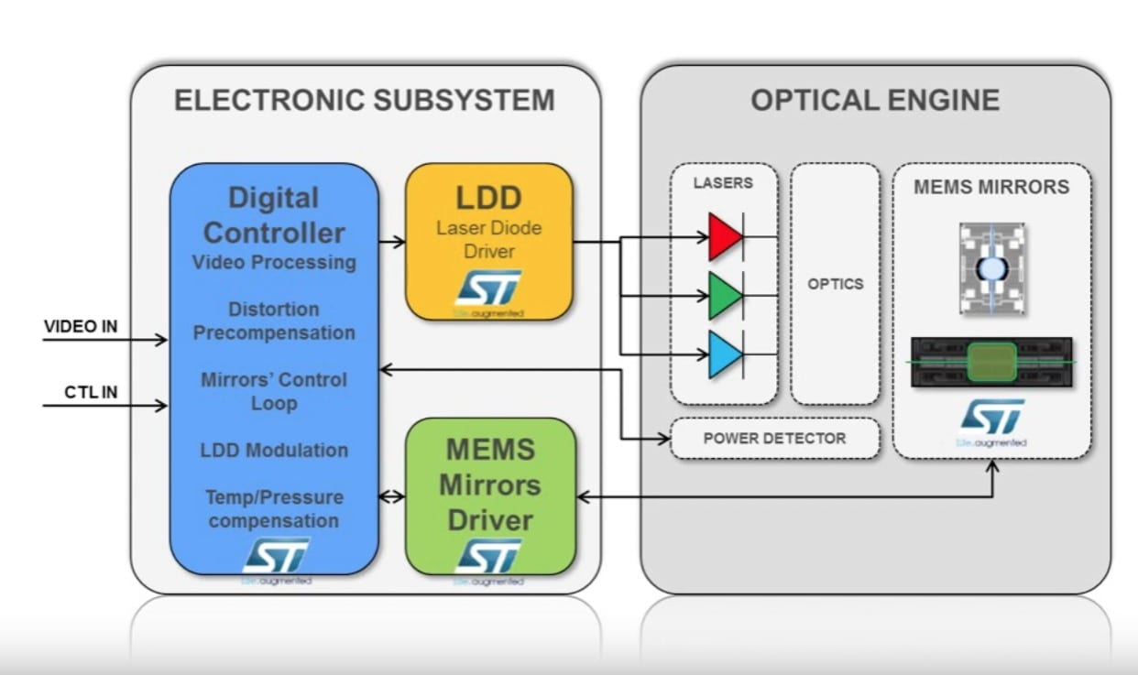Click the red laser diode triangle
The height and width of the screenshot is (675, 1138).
723,237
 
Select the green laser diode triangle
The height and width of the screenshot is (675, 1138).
723,296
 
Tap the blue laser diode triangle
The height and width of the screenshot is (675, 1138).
723,354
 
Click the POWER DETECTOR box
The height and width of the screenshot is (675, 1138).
774,438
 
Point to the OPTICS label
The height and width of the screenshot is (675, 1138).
835,284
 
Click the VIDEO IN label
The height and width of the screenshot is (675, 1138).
81,326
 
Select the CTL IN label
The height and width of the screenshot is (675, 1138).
91,392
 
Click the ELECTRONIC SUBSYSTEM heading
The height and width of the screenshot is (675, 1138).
365,100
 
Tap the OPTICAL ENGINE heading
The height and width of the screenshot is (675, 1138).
875,100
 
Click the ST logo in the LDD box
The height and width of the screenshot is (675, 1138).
488,288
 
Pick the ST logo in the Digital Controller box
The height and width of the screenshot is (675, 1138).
275,555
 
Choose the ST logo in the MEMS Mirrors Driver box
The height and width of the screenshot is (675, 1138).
489,555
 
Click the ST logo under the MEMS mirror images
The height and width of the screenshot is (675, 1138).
992,418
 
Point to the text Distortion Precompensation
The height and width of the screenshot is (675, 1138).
274,321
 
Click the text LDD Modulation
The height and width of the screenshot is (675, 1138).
274,450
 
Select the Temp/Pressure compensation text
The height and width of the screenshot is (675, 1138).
274,509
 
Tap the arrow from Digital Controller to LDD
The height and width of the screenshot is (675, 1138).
392,242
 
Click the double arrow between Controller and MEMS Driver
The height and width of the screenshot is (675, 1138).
392,497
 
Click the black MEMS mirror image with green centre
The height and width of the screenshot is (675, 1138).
991,363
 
